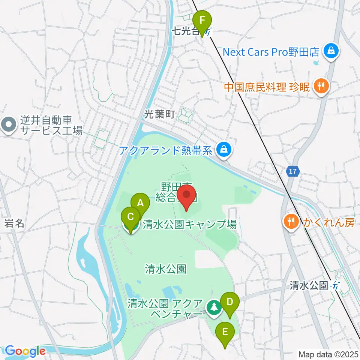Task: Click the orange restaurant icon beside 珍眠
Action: (321, 86)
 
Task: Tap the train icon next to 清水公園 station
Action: (335, 286)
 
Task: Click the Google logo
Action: (25, 351)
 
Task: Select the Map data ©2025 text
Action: (328, 354)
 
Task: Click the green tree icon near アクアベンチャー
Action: (214, 307)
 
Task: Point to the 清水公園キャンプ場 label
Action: (189, 225)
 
